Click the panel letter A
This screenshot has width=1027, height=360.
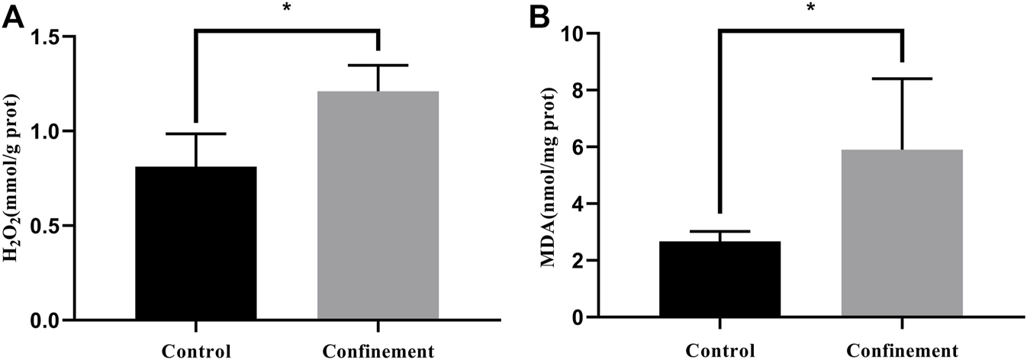click(14, 17)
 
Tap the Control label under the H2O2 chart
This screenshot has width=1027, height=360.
click(196, 352)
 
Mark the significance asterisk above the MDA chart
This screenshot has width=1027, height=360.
click(810, 9)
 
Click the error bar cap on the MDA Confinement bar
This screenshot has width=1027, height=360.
click(901, 79)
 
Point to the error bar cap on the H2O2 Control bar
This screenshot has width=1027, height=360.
click(196, 134)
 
